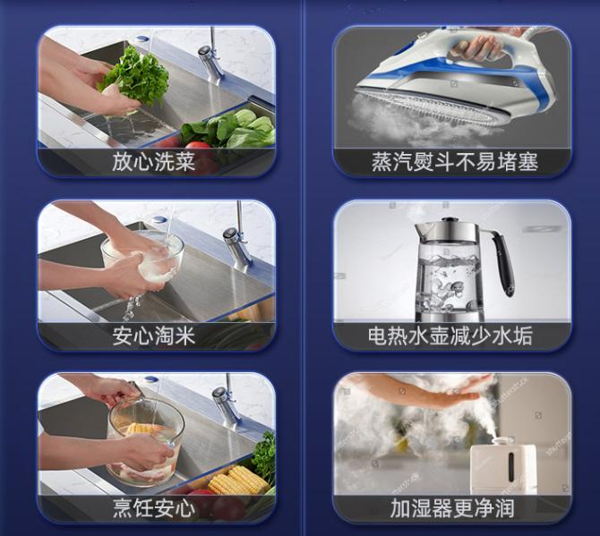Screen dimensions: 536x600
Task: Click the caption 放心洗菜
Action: pos(154,162)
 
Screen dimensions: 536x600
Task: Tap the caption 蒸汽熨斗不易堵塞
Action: pos(455,162)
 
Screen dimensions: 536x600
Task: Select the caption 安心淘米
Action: pos(154,336)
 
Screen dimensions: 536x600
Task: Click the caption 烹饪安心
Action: pos(154,508)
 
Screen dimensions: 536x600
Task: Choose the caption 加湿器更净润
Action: pos(451,508)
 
